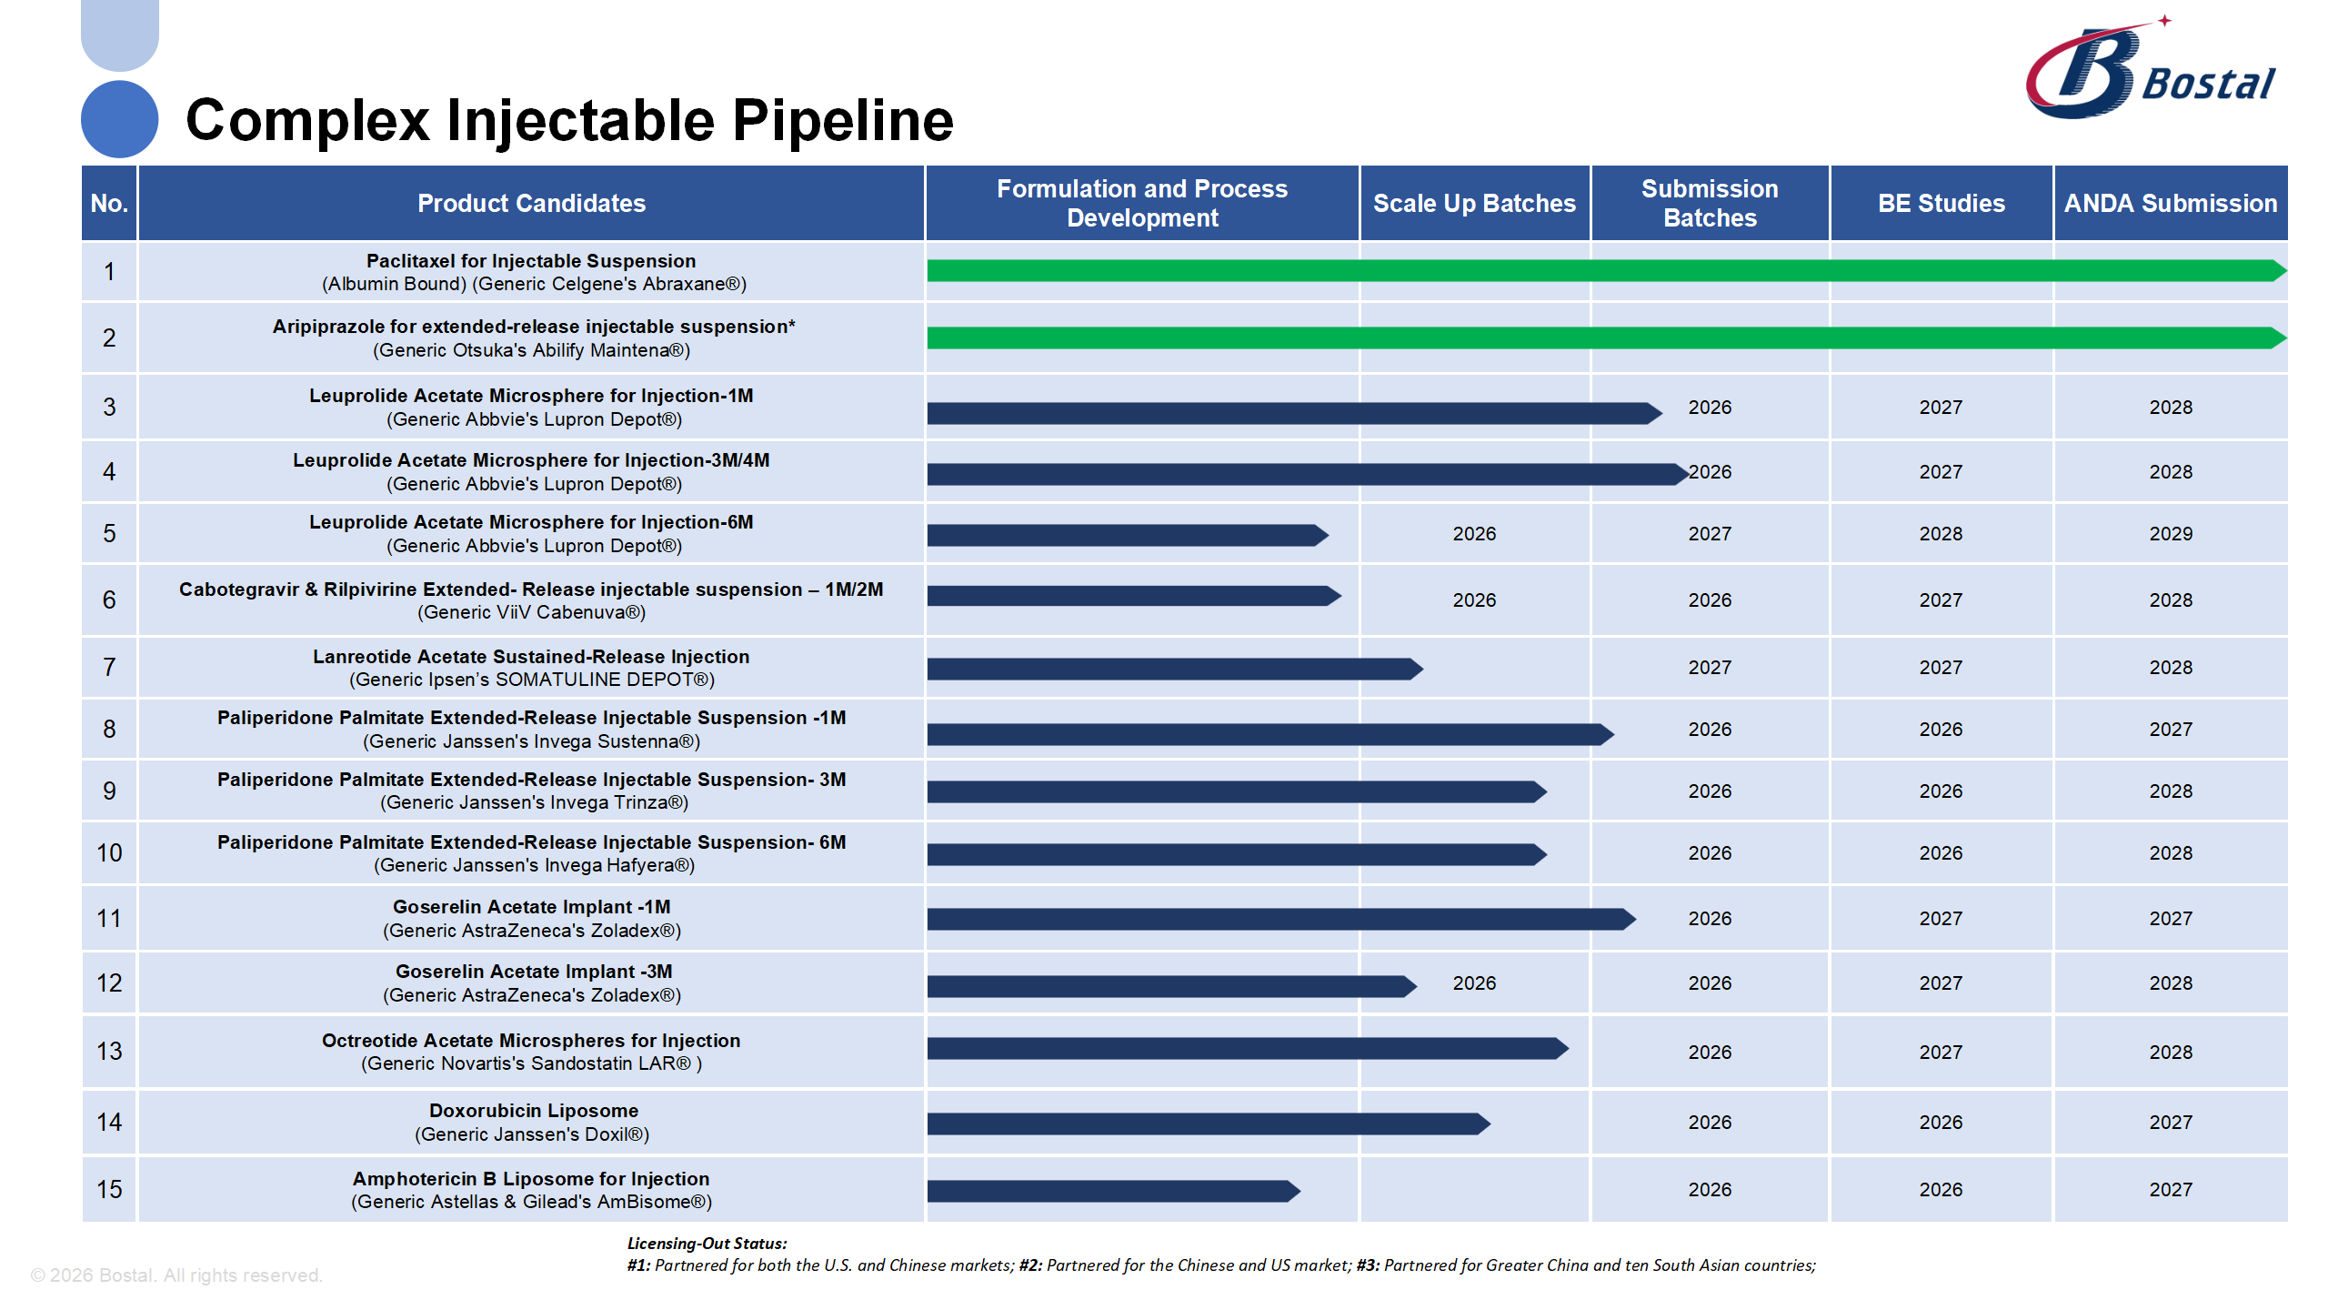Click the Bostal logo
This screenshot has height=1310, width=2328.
[x=2152, y=71]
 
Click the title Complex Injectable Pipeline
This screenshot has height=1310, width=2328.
[x=569, y=120]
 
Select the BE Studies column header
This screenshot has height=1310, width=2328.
[x=1941, y=203]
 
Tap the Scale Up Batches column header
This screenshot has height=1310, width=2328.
[x=1473, y=203]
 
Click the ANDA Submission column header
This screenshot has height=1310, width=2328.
[x=2170, y=203]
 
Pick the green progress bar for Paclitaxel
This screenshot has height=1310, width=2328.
[x=1600, y=270]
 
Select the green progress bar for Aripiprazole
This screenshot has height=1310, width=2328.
[x=1600, y=338]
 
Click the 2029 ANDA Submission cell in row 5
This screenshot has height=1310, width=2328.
[x=2170, y=534]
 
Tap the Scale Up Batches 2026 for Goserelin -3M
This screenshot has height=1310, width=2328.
[x=1473, y=983]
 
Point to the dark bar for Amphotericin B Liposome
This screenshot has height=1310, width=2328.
[x=1109, y=1191]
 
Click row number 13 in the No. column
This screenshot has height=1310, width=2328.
[x=109, y=1052]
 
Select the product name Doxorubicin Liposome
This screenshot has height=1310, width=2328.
[x=533, y=1111]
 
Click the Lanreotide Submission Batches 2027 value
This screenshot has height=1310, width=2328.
[x=1709, y=668]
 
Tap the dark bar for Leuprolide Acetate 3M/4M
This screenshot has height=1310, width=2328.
[x=1300, y=474]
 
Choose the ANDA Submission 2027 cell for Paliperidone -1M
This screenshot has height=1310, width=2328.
[x=2170, y=730]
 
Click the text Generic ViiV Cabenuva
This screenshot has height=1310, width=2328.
[x=531, y=613]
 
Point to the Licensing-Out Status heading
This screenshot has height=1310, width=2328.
[x=707, y=1244]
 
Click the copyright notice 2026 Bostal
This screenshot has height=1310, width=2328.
[x=176, y=1275]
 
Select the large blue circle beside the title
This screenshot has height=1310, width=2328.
[x=119, y=119]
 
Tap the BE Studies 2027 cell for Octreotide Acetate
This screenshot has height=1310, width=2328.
[x=1941, y=1053]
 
